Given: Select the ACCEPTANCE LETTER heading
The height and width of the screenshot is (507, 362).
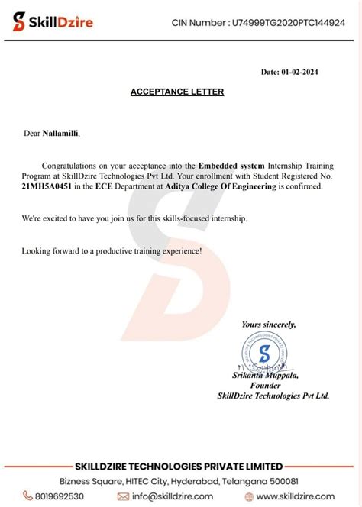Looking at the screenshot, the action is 176,92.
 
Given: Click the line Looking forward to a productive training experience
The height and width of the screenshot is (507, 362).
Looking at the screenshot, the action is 112,250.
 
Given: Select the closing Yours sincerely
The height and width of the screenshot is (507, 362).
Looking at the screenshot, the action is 269,325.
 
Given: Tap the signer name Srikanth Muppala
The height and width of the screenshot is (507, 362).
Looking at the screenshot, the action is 265,376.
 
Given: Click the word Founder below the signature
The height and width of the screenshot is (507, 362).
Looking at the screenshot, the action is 265,386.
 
